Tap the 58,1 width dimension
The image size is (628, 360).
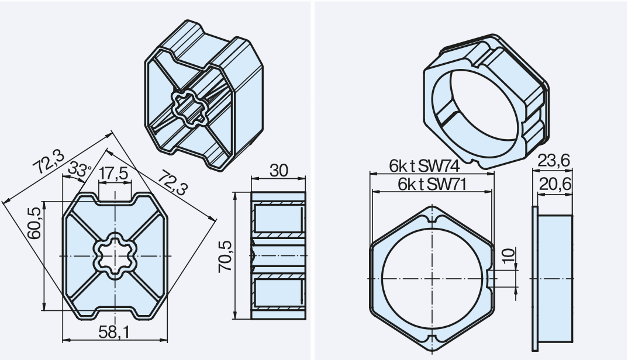[115, 333]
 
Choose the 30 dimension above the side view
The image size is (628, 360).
[278, 170]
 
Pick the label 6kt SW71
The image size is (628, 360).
[432, 184]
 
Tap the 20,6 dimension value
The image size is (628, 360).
[555, 184]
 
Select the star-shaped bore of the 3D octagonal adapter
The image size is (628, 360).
[188, 106]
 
